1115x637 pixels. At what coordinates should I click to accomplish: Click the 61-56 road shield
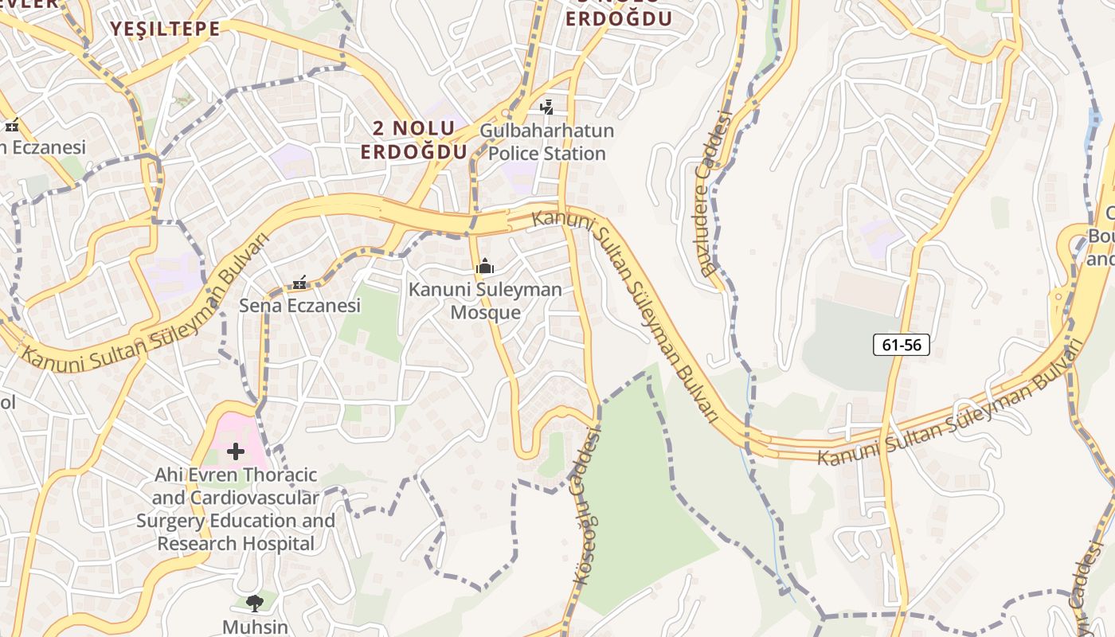pos(902,345)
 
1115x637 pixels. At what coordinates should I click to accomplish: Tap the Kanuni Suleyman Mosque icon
pos(485,267)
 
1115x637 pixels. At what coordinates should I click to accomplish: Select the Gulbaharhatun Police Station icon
pos(546,106)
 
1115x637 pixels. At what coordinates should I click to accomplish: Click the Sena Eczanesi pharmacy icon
pos(299,282)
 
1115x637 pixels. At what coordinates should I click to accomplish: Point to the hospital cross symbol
pos(236,452)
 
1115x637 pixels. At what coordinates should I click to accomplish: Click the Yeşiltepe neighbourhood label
pos(165,29)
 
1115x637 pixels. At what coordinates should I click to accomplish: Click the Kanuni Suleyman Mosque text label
pos(485,301)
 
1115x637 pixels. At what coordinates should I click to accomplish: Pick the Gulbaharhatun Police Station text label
pos(546,142)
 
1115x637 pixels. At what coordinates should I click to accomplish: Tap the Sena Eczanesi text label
pos(299,306)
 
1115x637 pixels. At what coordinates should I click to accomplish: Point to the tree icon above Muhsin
pos(255,603)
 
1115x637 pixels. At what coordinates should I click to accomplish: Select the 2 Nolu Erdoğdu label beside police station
pos(413,139)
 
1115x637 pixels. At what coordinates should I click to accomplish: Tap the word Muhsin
pos(255,627)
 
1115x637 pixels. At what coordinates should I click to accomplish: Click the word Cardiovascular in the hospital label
pos(254,498)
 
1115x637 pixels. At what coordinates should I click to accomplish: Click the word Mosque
pos(485,312)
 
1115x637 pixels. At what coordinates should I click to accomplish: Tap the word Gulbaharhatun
pos(546,130)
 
